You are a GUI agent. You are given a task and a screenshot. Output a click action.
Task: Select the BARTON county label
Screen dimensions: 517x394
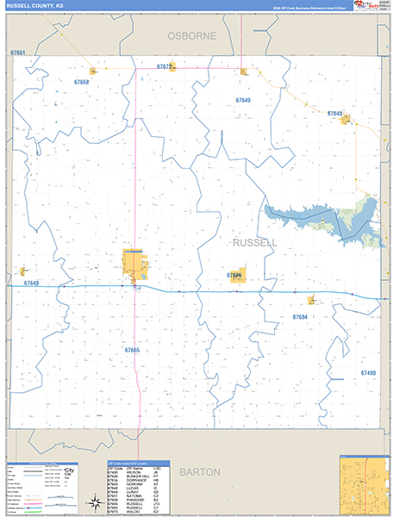coord(200,472)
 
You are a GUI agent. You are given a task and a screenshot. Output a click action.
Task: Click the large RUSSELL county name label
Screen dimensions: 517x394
coord(255,243)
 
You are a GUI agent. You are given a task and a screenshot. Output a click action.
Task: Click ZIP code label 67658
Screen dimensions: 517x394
coord(81,82)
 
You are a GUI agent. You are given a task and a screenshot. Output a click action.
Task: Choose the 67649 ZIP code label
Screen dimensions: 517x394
coord(243,101)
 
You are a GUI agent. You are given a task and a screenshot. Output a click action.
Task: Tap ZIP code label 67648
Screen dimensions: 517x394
coord(335,114)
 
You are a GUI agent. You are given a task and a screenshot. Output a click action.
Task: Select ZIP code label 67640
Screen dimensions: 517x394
coord(32,283)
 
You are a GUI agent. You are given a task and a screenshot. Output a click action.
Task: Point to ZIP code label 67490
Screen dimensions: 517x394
coord(368,372)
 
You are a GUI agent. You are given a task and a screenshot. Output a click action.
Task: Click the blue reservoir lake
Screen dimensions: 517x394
coord(328,215)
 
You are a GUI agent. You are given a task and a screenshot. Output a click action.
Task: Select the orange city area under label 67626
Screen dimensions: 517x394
coord(236,276)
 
